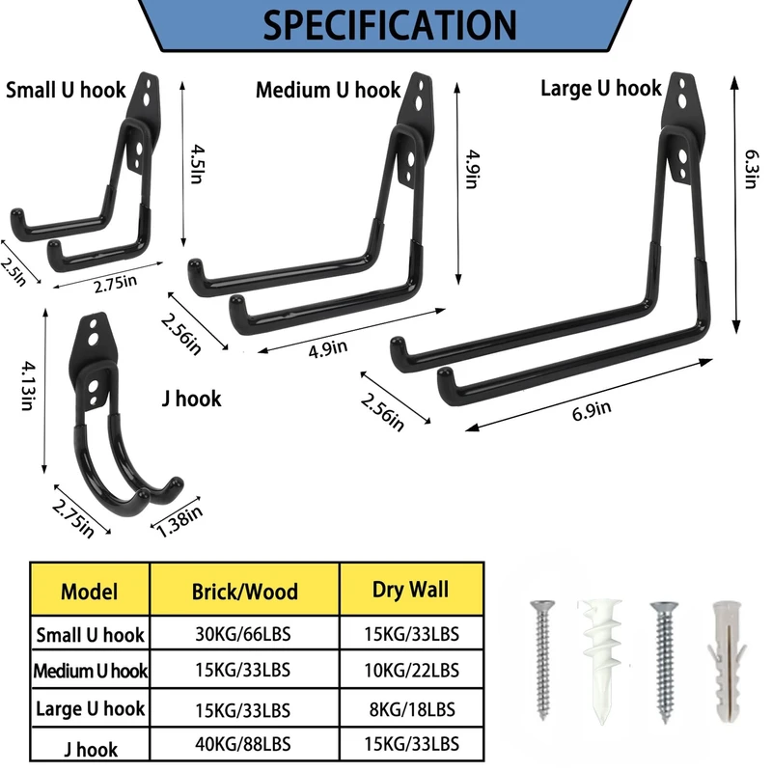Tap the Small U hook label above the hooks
tap(66, 91)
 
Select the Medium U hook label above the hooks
tap(328, 91)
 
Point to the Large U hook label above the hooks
tap(600, 89)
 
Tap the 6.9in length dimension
tap(592, 409)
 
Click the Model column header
tap(90, 591)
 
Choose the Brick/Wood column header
tap(245, 591)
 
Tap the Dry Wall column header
tap(410, 589)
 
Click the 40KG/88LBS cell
tap(245, 747)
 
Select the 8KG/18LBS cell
tap(410, 708)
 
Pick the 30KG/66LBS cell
tap(245, 633)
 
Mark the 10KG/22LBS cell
tap(410, 671)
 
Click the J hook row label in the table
tap(90, 749)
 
